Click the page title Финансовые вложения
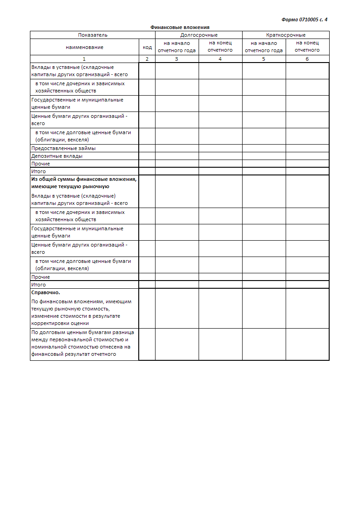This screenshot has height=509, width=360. pyautogui.click(x=180, y=27)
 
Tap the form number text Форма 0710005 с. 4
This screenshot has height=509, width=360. pyautogui.click(x=304, y=19)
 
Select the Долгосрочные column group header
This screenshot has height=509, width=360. pyautogui.click(x=199, y=35)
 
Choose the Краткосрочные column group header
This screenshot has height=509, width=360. pyautogui.click(x=286, y=35)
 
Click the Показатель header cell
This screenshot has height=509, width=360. pyautogui.click(x=92, y=35)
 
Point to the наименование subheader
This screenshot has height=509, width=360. pyautogui.click(x=84, y=47)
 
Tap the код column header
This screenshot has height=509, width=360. pyautogui.click(x=147, y=47)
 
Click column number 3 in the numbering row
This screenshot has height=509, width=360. pyautogui.click(x=177, y=59)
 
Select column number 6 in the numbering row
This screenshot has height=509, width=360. pyautogui.click(x=307, y=59)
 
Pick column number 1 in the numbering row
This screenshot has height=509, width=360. pyautogui.click(x=84, y=59)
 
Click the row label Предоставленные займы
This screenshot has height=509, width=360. pyautogui.click(x=63, y=148)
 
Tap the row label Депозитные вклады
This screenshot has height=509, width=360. pyautogui.click(x=57, y=156)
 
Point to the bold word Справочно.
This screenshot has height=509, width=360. pyautogui.click(x=45, y=293)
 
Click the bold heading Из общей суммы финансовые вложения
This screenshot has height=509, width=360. pyautogui.click(x=84, y=179)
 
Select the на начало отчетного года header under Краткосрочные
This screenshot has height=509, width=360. pyautogui.click(x=264, y=47)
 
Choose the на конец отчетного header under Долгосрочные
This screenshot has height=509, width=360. pyautogui.click(x=220, y=47)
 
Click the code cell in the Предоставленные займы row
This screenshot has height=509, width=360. pyautogui.click(x=147, y=148)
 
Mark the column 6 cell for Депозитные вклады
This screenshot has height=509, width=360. pyautogui.click(x=307, y=156)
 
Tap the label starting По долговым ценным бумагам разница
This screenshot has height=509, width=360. pyautogui.click(x=83, y=343)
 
